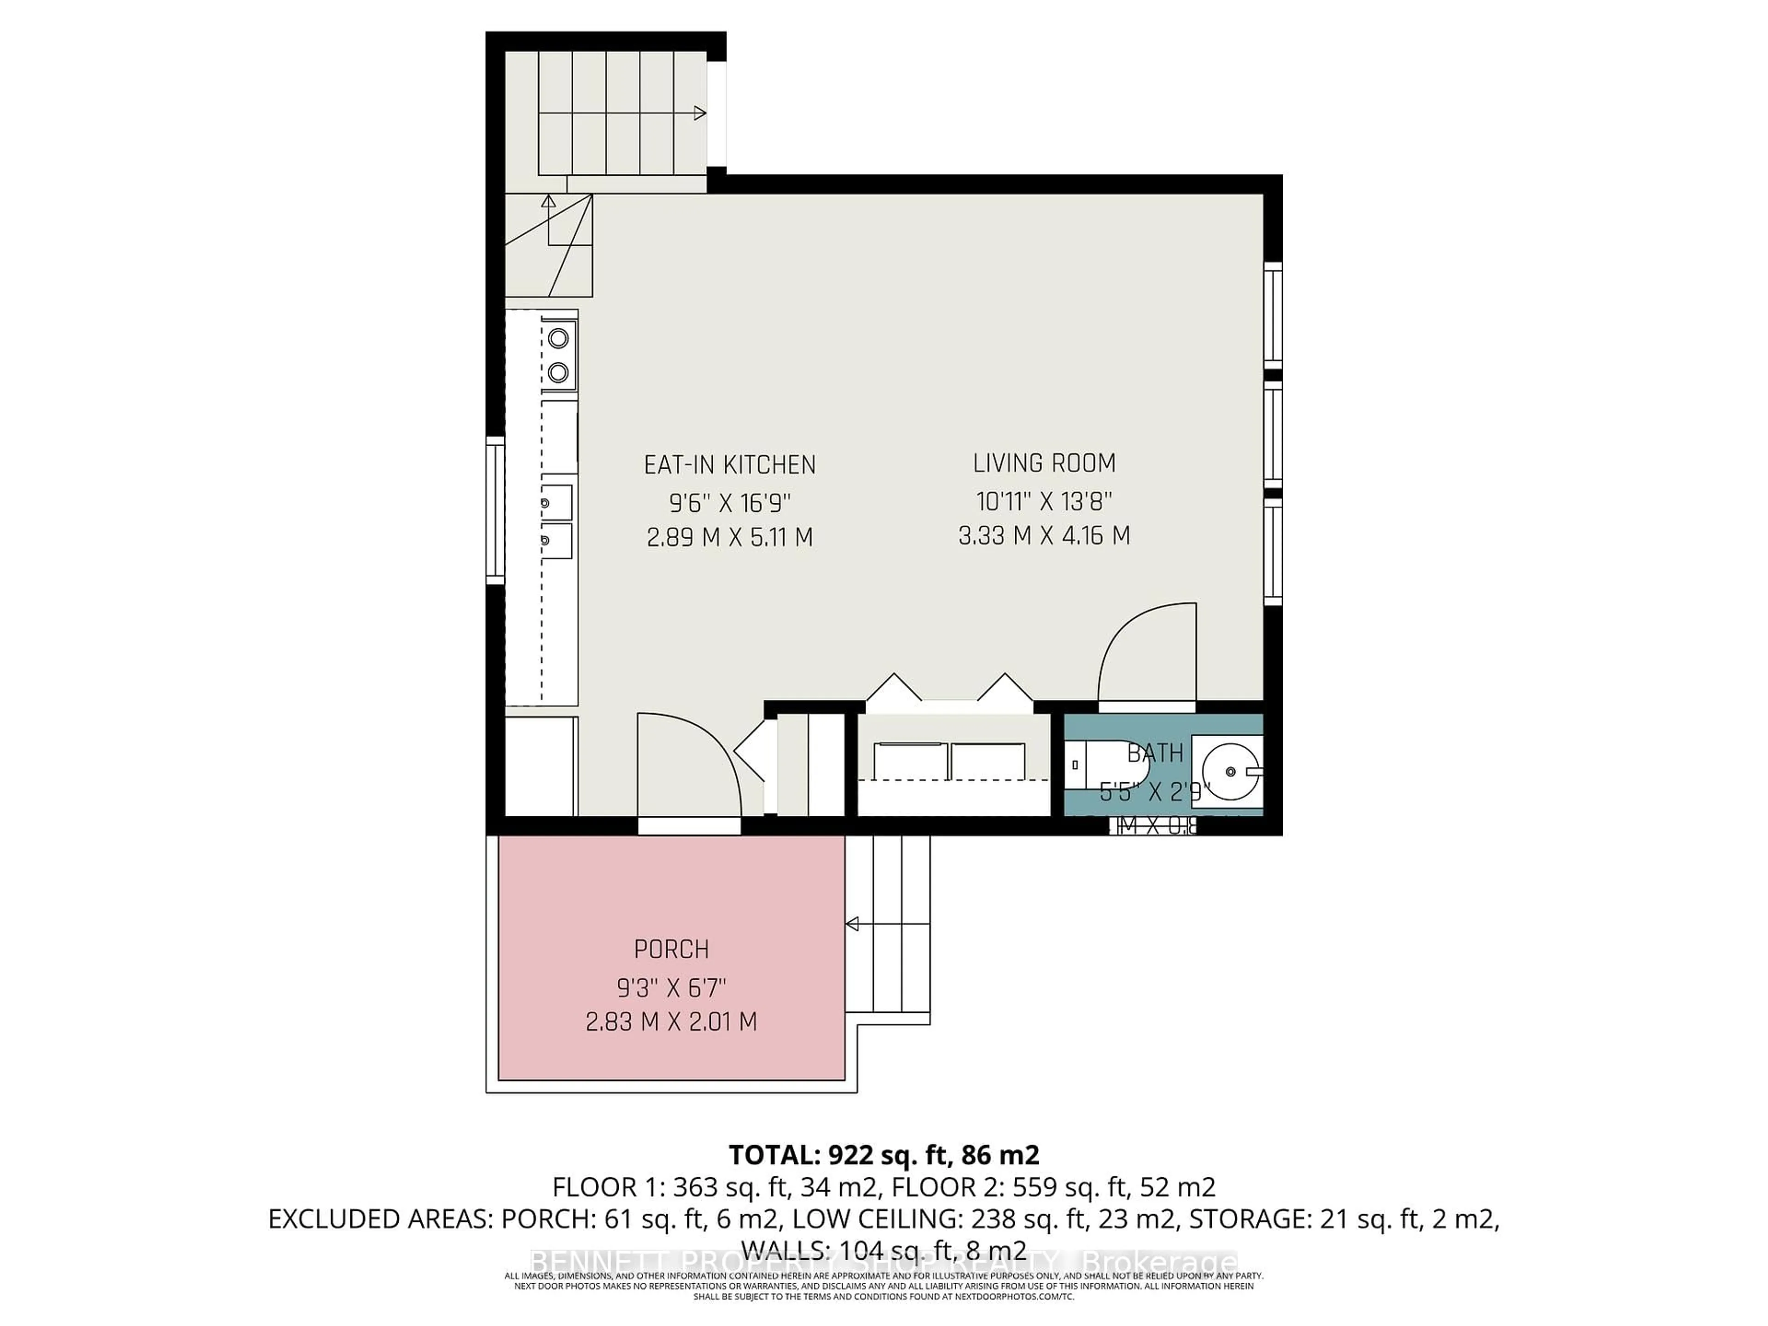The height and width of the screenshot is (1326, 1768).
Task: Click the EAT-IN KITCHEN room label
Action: [x=730, y=465]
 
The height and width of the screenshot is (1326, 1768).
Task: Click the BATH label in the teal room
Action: [x=1155, y=753]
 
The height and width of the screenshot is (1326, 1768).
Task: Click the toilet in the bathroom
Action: [x=1107, y=765]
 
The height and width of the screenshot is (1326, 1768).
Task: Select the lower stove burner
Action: [x=558, y=372]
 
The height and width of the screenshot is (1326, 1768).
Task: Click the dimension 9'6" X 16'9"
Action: [x=730, y=504]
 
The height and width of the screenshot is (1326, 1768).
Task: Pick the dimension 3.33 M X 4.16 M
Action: [x=1044, y=535]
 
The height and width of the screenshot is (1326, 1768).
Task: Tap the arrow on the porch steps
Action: [x=853, y=925]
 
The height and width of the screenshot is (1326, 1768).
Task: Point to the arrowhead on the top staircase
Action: [x=700, y=114]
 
